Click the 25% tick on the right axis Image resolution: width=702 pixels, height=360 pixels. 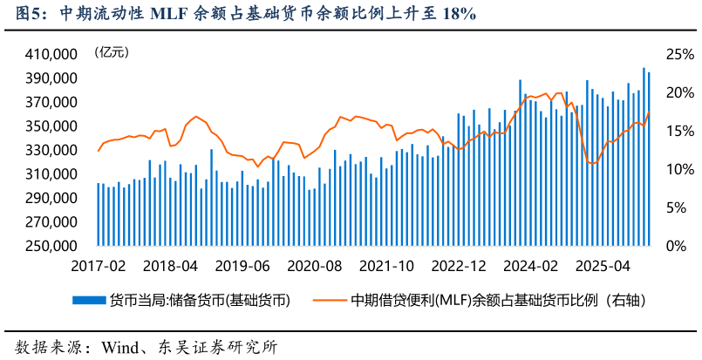tap(679, 54)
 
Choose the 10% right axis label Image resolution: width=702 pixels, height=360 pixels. tap(679, 169)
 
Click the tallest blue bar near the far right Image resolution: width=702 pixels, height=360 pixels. tap(644, 157)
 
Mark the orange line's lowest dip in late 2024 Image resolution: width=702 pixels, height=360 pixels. tap(593, 164)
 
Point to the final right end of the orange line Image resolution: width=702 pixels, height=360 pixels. tap(649, 112)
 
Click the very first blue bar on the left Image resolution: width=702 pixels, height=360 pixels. tap(99, 214)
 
